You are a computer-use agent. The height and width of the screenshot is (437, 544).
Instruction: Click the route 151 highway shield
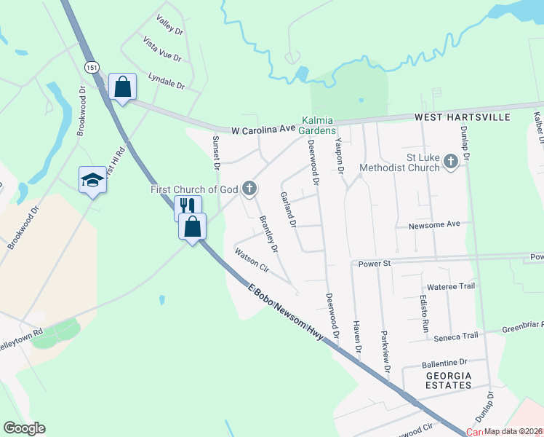point(91,67)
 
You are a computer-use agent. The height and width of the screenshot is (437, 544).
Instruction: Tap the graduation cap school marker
point(92,180)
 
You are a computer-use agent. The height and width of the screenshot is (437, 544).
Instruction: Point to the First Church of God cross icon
point(249,189)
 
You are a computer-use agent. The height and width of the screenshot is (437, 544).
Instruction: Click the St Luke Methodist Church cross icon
point(450,162)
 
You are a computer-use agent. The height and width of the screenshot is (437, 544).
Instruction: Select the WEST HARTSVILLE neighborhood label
point(463,117)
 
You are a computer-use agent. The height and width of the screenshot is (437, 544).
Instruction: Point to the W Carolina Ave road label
point(264,129)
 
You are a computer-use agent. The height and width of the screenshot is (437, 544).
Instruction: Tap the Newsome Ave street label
point(434,224)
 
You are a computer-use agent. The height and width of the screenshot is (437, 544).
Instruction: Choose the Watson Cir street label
point(252,260)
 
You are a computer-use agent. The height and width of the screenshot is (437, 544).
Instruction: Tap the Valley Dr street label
point(169,26)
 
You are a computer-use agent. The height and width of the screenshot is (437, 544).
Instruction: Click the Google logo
point(24,428)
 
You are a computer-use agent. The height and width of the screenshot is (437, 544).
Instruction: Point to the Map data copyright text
point(513,431)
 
